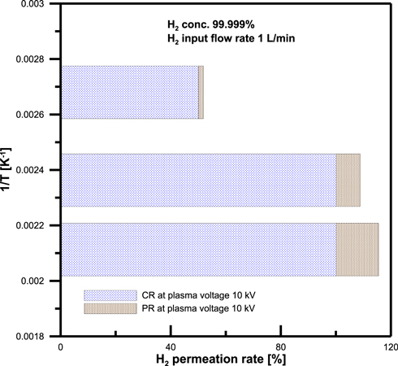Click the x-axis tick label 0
(x=60, y=346)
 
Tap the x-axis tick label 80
(x=281, y=346)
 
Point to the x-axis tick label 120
(x=391, y=346)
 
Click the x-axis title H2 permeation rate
(x=225, y=359)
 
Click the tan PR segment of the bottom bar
(x=357, y=250)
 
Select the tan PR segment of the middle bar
(x=348, y=180)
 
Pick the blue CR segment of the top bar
(x=129, y=93)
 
